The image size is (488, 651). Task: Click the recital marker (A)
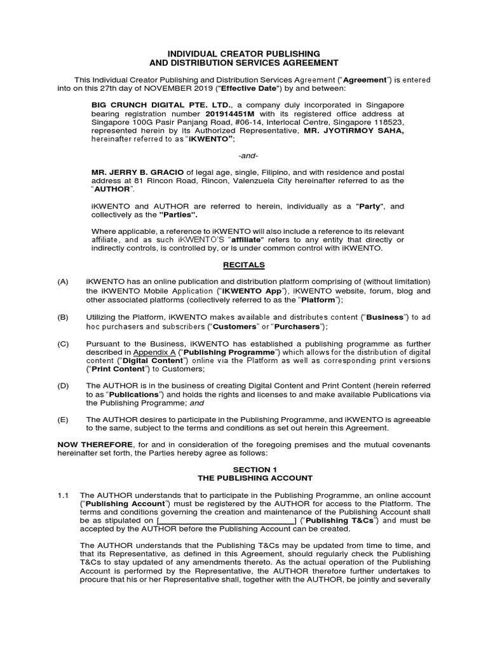tap(62, 282)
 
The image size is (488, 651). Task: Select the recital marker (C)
tap(62, 343)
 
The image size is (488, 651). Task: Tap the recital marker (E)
tap(62, 420)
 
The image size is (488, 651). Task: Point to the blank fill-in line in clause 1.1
tap(226, 521)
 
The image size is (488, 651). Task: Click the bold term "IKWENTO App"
tap(248, 291)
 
